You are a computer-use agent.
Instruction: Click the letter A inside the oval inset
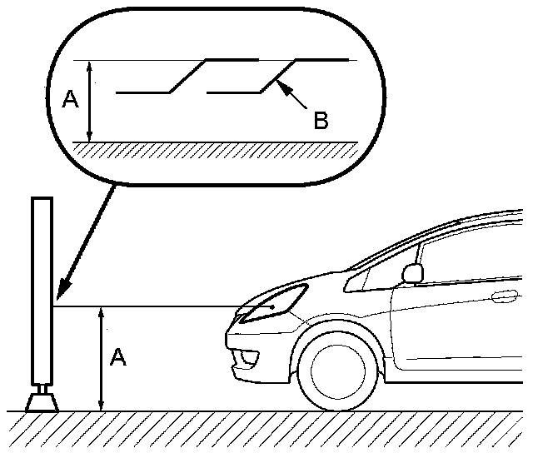point(70,100)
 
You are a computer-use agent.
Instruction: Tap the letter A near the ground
point(118,358)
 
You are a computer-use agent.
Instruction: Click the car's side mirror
point(411,272)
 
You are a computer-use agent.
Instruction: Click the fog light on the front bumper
point(247,359)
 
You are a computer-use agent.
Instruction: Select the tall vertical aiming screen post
point(42,291)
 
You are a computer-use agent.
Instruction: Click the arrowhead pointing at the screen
point(60,293)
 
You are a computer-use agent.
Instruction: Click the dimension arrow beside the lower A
point(101,358)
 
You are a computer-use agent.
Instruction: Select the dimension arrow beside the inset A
point(90,100)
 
